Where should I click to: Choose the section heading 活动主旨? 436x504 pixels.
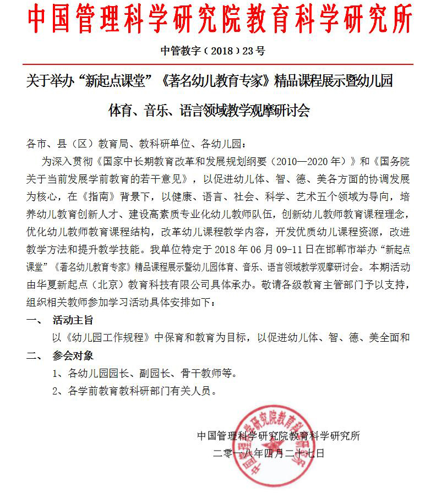coord(73,319)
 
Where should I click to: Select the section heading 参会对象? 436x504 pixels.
coord(73,355)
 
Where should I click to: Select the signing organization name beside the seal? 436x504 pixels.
coord(278,436)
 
